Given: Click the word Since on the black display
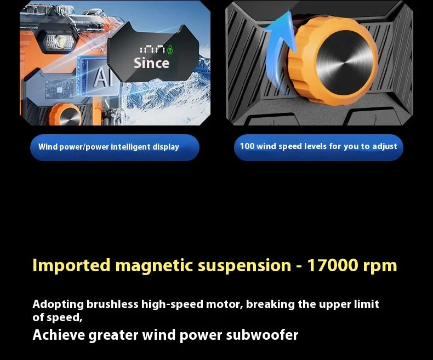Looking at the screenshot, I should coord(151,63).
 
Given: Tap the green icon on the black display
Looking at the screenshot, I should coord(169,49).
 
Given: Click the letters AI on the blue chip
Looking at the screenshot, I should coord(101,78).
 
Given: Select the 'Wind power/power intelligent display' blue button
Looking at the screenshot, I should coord(115,147).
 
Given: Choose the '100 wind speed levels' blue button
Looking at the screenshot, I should coord(318,147).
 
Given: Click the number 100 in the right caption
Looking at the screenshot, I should coord(247,146).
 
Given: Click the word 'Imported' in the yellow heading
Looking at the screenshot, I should coord(71,266).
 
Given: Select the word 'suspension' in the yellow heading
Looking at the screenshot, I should coord(244,266).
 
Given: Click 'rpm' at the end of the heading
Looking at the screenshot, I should coord(380,266).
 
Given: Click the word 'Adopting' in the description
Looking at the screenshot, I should coord(58,304).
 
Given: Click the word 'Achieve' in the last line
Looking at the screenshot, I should coord(58,335).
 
